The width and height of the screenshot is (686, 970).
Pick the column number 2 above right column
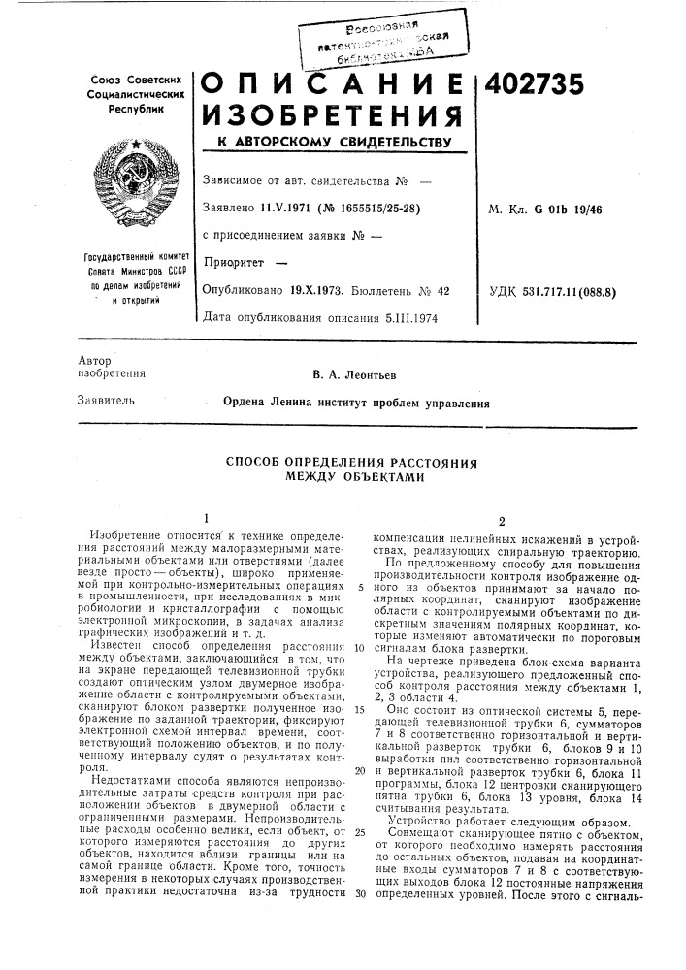tap(504, 519)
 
